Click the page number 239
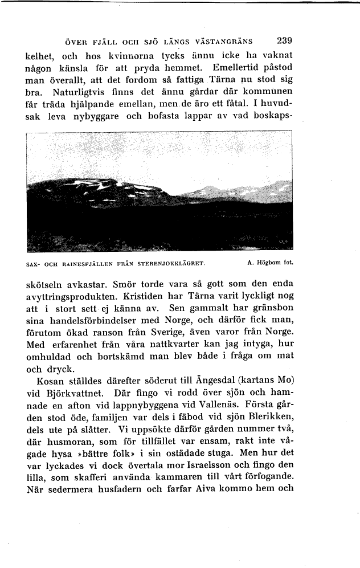pos(284,41)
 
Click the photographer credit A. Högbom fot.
pos(270,263)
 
